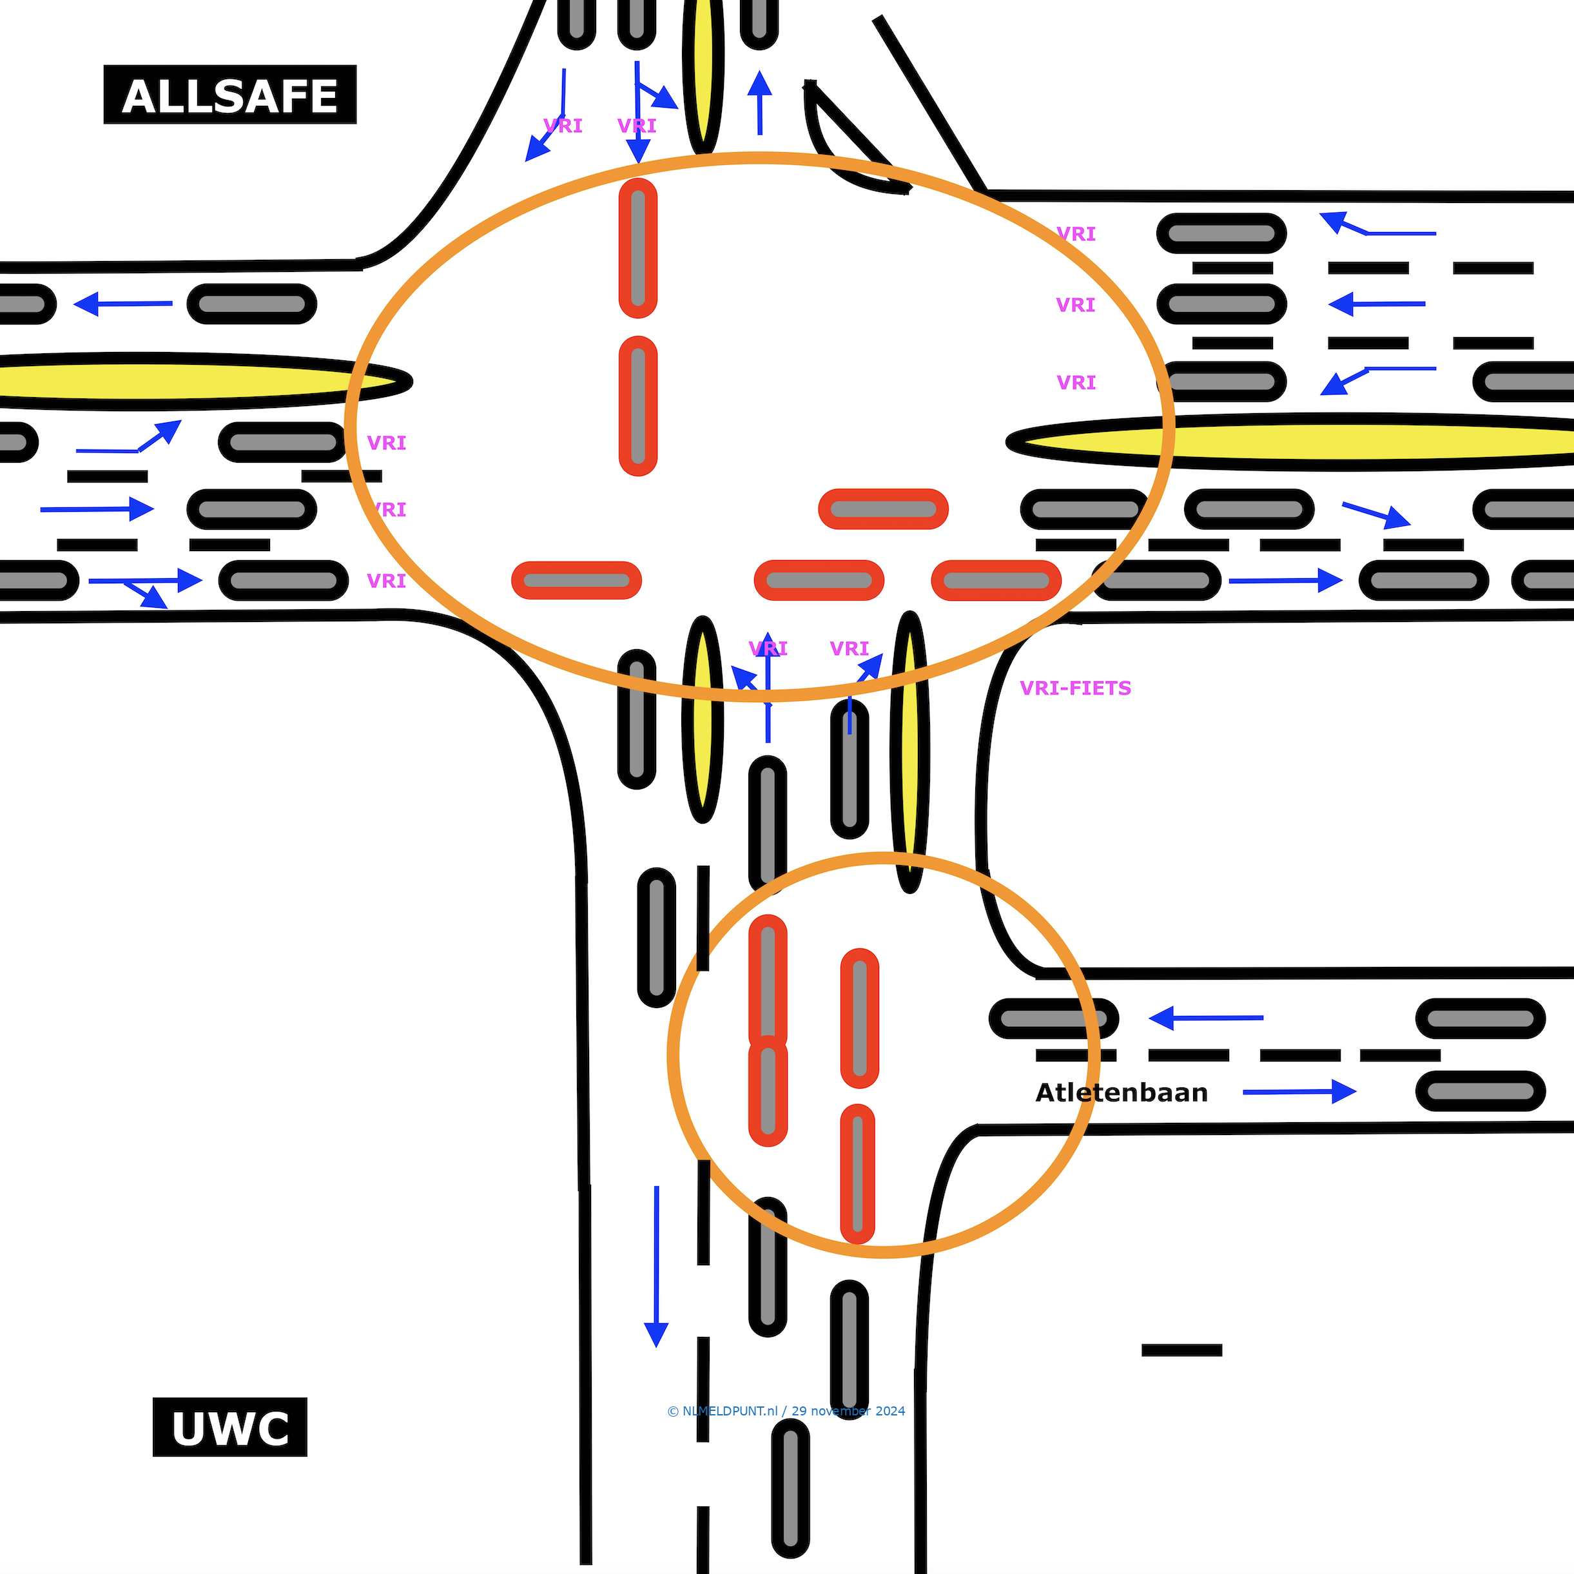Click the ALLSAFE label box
point(229,95)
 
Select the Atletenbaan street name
point(1121,1093)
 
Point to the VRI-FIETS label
point(1075,688)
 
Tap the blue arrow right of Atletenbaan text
point(1299,1092)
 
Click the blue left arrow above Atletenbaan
point(1206,1018)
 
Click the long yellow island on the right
point(1303,442)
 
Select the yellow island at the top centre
point(703,73)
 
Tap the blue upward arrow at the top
point(759,102)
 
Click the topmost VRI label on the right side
point(1075,235)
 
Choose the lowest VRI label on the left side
point(386,581)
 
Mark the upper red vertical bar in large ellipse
point(638,248)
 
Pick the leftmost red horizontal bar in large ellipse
point(576,580)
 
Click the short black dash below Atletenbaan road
point(1181,1350)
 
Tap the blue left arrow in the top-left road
point(122,304)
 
